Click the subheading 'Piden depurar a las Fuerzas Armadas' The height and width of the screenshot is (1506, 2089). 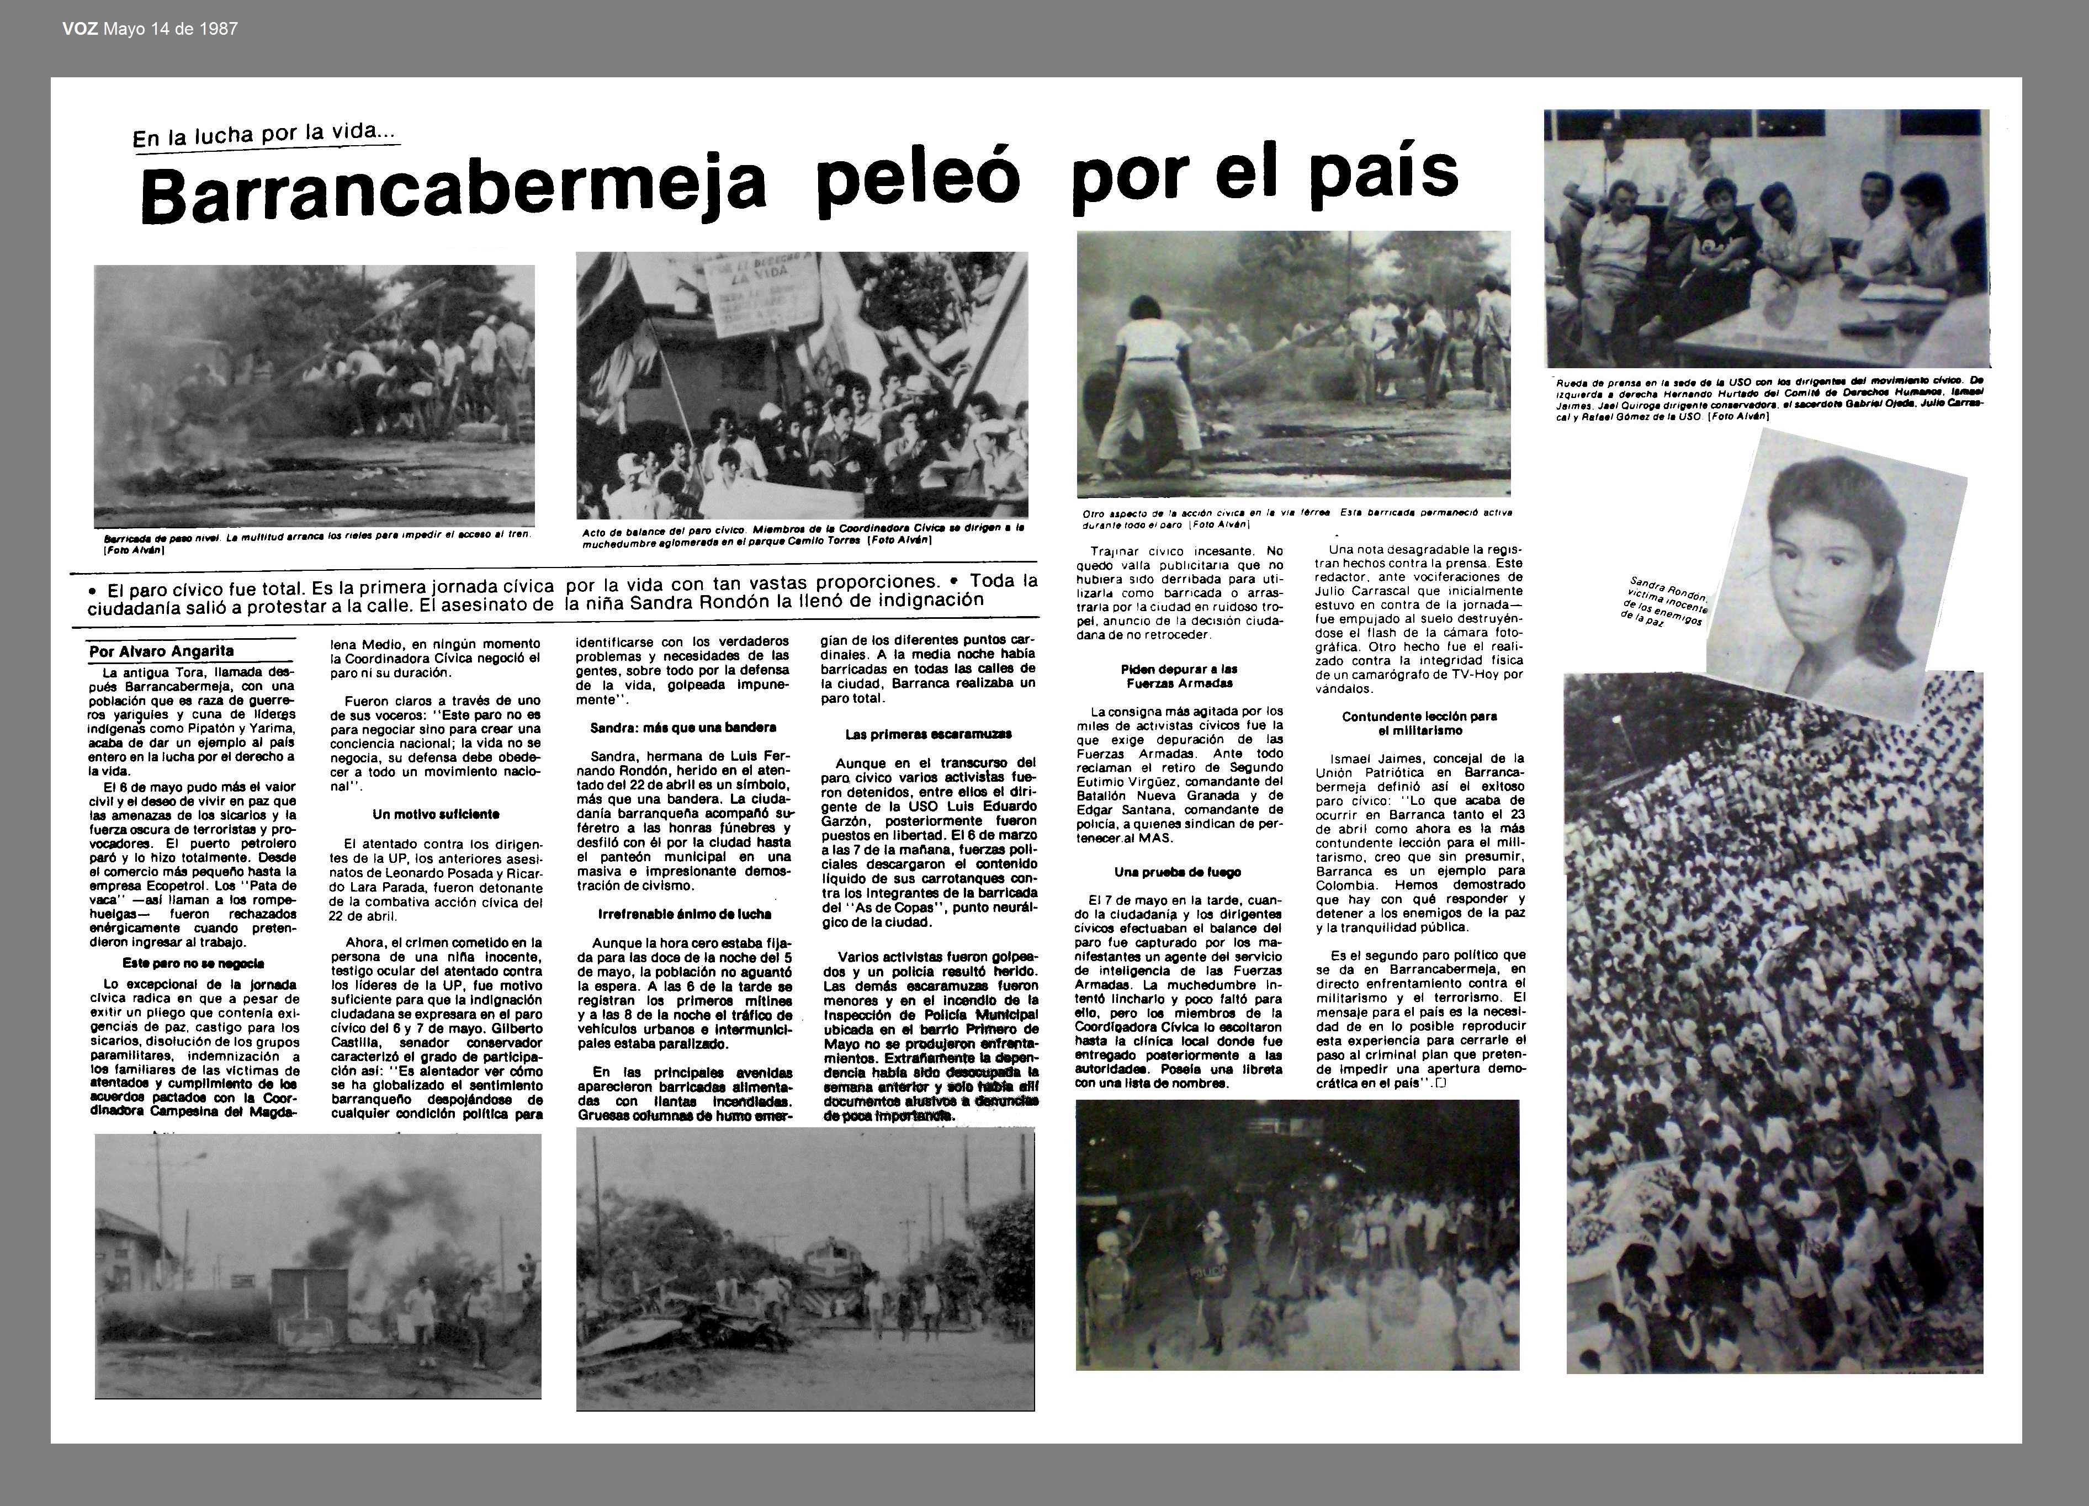1179,676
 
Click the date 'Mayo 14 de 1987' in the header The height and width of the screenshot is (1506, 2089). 171,29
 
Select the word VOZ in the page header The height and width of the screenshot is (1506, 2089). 81,29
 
